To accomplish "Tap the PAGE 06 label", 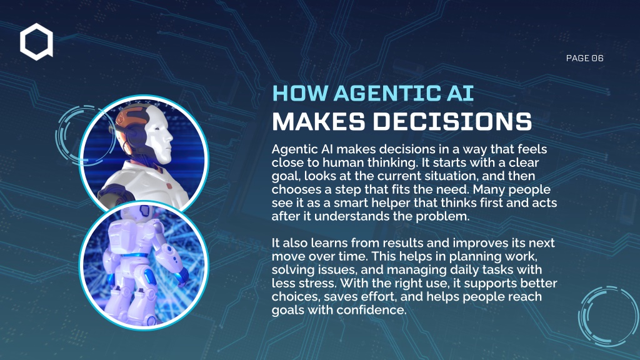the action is pyautogui.click(x=584, y=58).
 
